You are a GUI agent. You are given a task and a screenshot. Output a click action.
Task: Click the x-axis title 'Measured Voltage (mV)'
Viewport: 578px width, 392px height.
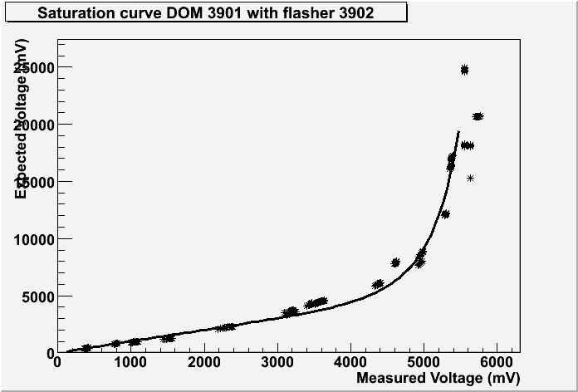click(438, 379)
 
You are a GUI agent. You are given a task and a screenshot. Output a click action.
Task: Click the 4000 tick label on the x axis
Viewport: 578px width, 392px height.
click(350, 363)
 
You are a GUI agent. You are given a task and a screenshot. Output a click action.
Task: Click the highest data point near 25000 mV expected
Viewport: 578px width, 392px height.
click(464, 70)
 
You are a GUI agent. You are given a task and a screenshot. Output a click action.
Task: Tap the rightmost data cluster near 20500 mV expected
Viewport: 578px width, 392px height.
click(478, 116)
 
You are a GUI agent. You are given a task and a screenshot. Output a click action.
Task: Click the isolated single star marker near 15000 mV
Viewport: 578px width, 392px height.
click(470, 178)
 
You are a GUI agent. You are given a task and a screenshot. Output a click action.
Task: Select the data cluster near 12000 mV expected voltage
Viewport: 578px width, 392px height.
click(445, 214)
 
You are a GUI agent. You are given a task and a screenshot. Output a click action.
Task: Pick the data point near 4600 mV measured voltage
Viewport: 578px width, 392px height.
click(395, 262)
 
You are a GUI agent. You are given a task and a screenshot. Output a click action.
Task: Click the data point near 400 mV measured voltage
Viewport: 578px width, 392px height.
click(86, 348)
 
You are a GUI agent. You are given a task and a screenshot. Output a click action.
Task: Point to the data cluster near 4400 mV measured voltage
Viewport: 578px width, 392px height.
click(378, 284)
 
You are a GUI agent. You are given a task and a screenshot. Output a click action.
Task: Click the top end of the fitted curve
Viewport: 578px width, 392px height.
click(458, 131)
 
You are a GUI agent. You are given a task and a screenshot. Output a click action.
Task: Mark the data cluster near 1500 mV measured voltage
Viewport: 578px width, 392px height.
click(168, 338)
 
